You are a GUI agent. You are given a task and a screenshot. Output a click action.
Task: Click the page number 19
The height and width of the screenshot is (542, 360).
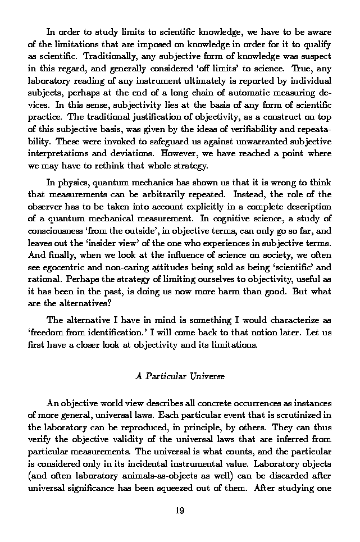tap(180, 511)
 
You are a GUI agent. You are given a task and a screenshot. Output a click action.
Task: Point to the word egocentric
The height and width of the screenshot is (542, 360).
tap(67, 269)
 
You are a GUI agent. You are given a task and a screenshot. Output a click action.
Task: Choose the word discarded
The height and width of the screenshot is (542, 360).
tap(294, 477)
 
